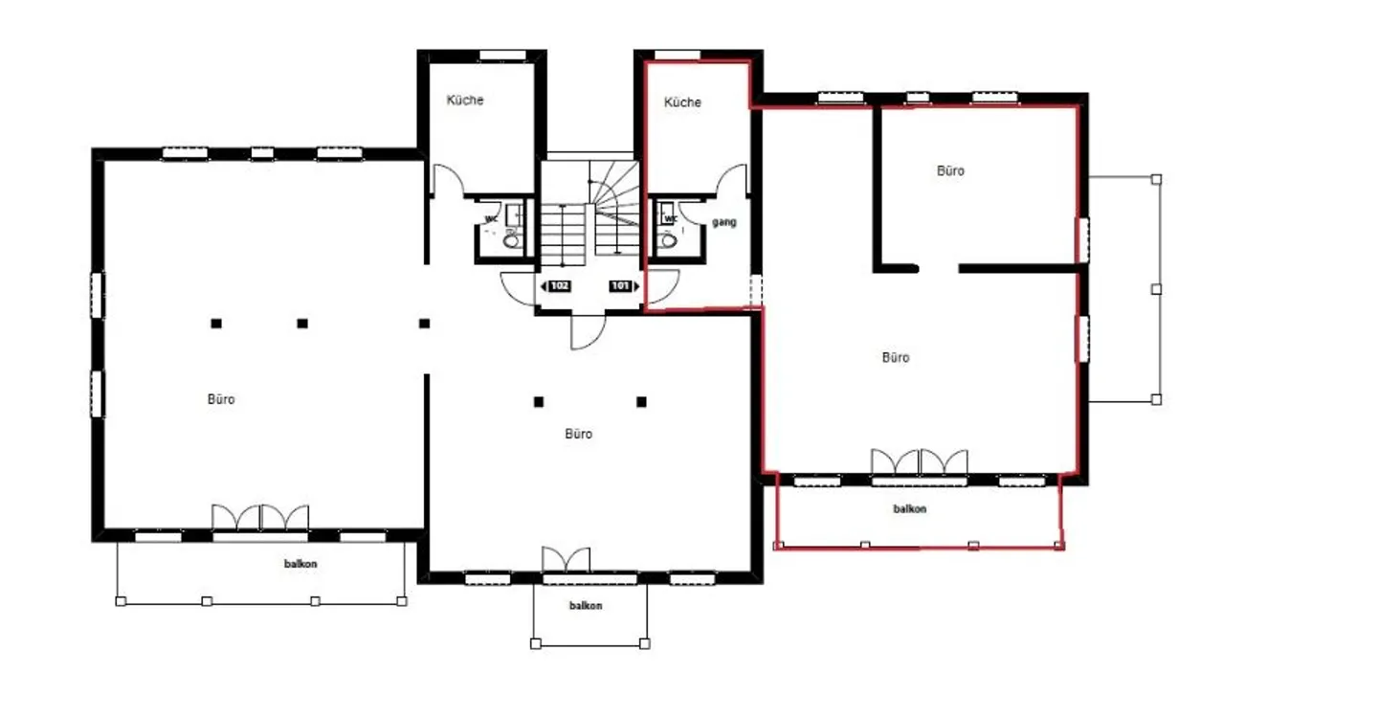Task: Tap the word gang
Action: [x=724, y=223]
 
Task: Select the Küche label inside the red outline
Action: [x=682, y=102]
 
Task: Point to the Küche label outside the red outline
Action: [x=465, y=100]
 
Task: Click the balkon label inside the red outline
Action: [x=910, y=508]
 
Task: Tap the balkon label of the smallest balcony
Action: [x=586, y=606]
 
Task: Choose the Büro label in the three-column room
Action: [x=221, y=399]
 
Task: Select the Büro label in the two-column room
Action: [x=578, y=434]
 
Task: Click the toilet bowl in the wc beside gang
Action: [x=668, y=240]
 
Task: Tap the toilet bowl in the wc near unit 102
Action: [x=511, y=240]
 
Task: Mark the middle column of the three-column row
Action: [x=302, y=324]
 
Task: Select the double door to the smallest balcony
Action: [x=566, y=559]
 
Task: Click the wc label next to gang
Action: [x=671, y=218]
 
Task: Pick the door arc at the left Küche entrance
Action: [x=448, y=178]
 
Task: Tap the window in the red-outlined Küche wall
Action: [x=678, y=56]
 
